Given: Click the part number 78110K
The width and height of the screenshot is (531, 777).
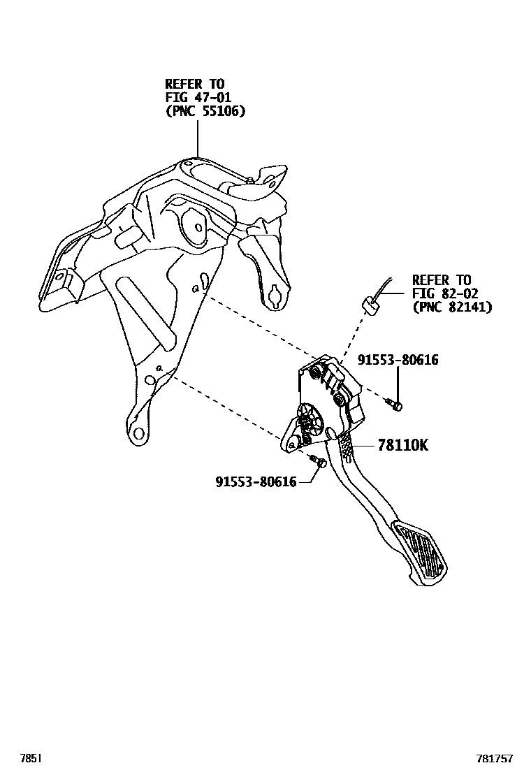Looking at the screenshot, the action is click(x=402, y=444).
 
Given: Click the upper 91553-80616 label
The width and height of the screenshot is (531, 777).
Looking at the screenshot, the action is click(x=398, y=360).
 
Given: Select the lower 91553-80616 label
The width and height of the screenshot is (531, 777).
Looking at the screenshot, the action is click(x=256, y=481).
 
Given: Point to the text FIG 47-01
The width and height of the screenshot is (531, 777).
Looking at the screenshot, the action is click(x=198, y=97).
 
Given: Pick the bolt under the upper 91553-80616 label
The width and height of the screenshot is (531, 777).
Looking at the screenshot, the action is click(x=395, y=404).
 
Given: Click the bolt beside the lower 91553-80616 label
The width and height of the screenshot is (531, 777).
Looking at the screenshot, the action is click(x=319, y=462).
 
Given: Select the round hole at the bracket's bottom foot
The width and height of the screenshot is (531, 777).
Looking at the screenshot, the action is click(x=138, y=433).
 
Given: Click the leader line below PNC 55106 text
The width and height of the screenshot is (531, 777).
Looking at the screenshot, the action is click(x=198, y=137).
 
